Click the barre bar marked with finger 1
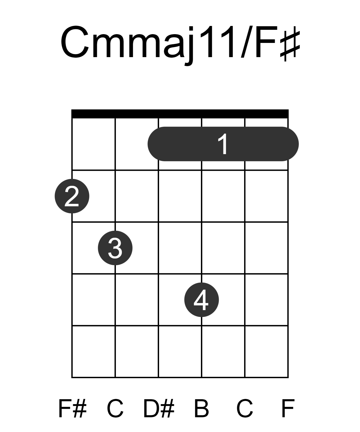click(223, 144)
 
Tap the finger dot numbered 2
click(72, 196)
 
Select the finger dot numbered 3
click(115, 248)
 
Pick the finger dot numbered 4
click(201, 299)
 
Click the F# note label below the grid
click(72, 409)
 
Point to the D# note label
click(159, 409)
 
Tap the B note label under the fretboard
click(201, 409)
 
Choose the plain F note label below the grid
click(288, 409)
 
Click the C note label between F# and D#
click(115, 409)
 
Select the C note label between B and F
click(244, 409)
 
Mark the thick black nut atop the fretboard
click(180, 114)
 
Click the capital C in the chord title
click(75, 42)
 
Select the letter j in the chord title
click(189, 46)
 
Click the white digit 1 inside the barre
click(223, 144)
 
